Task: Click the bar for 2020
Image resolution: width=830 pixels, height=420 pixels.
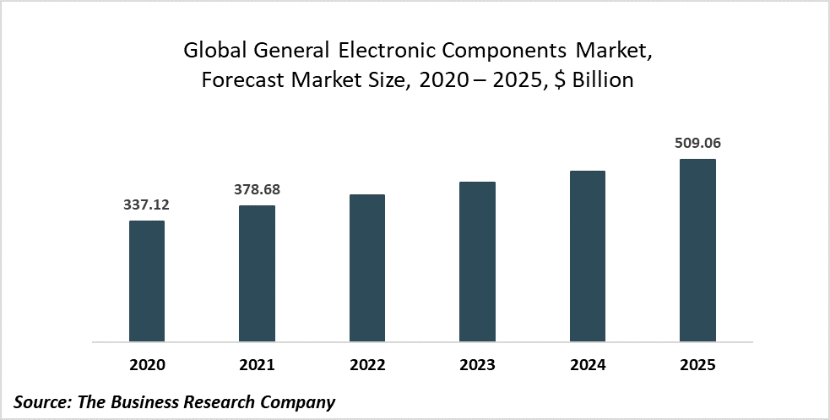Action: click(147, 281)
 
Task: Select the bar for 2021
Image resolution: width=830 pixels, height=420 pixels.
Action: click(257, 274)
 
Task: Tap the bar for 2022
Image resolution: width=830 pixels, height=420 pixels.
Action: click(367, 269)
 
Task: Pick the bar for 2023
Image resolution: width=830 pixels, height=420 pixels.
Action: click(477, 262)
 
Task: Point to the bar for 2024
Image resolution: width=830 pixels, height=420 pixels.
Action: click(588, 257)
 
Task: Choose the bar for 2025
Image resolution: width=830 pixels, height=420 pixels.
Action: click(697, 251)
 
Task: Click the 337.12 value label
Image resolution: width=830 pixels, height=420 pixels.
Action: click(147, 205)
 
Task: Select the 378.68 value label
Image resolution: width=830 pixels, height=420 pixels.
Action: click(257, 189)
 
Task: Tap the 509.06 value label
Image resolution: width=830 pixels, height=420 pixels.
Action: click(697, 143)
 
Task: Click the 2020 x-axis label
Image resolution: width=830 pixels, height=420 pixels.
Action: click(147, 365)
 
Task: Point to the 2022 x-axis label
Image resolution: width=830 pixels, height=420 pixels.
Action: click(367, 365)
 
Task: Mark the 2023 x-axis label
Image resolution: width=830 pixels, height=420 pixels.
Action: click(477, 365)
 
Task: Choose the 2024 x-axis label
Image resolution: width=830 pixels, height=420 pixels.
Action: click(588, 365)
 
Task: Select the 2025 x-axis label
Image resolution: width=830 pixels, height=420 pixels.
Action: click(697, 365)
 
